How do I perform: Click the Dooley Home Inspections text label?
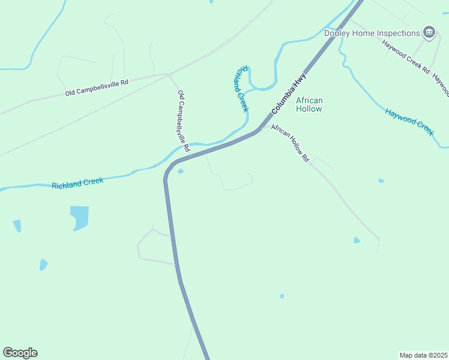[x=372, y=33]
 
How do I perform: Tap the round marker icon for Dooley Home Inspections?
[x=429, y=32]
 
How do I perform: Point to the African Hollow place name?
[x=309, y=104]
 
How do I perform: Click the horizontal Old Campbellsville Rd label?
[x=97, y=87]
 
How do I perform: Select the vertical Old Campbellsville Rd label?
[x=184, y=121]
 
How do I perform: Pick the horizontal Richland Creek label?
[x=77, y=182]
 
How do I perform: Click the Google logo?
[x=20, y=353]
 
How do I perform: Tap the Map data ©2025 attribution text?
[x=423, y=355]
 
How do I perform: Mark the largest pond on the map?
[x=79, y=217]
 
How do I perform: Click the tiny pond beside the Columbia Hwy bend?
[x=180, y=171]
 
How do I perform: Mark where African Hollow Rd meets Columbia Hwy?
[x=261, y=128]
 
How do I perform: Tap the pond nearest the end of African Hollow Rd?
[x=357, y=240]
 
